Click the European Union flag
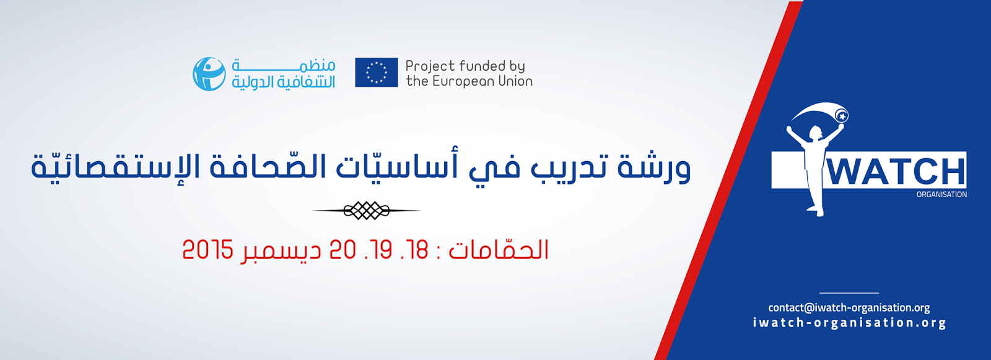376,72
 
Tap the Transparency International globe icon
209,74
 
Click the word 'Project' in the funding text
430,66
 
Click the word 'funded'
482,66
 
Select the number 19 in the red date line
381,250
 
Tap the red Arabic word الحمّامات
499,248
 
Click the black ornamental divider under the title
366,210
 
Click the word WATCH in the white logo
896,172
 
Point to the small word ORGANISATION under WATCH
941,195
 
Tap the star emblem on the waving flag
842,116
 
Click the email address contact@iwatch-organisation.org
849,308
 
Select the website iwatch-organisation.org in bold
849,323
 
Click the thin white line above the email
849,292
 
